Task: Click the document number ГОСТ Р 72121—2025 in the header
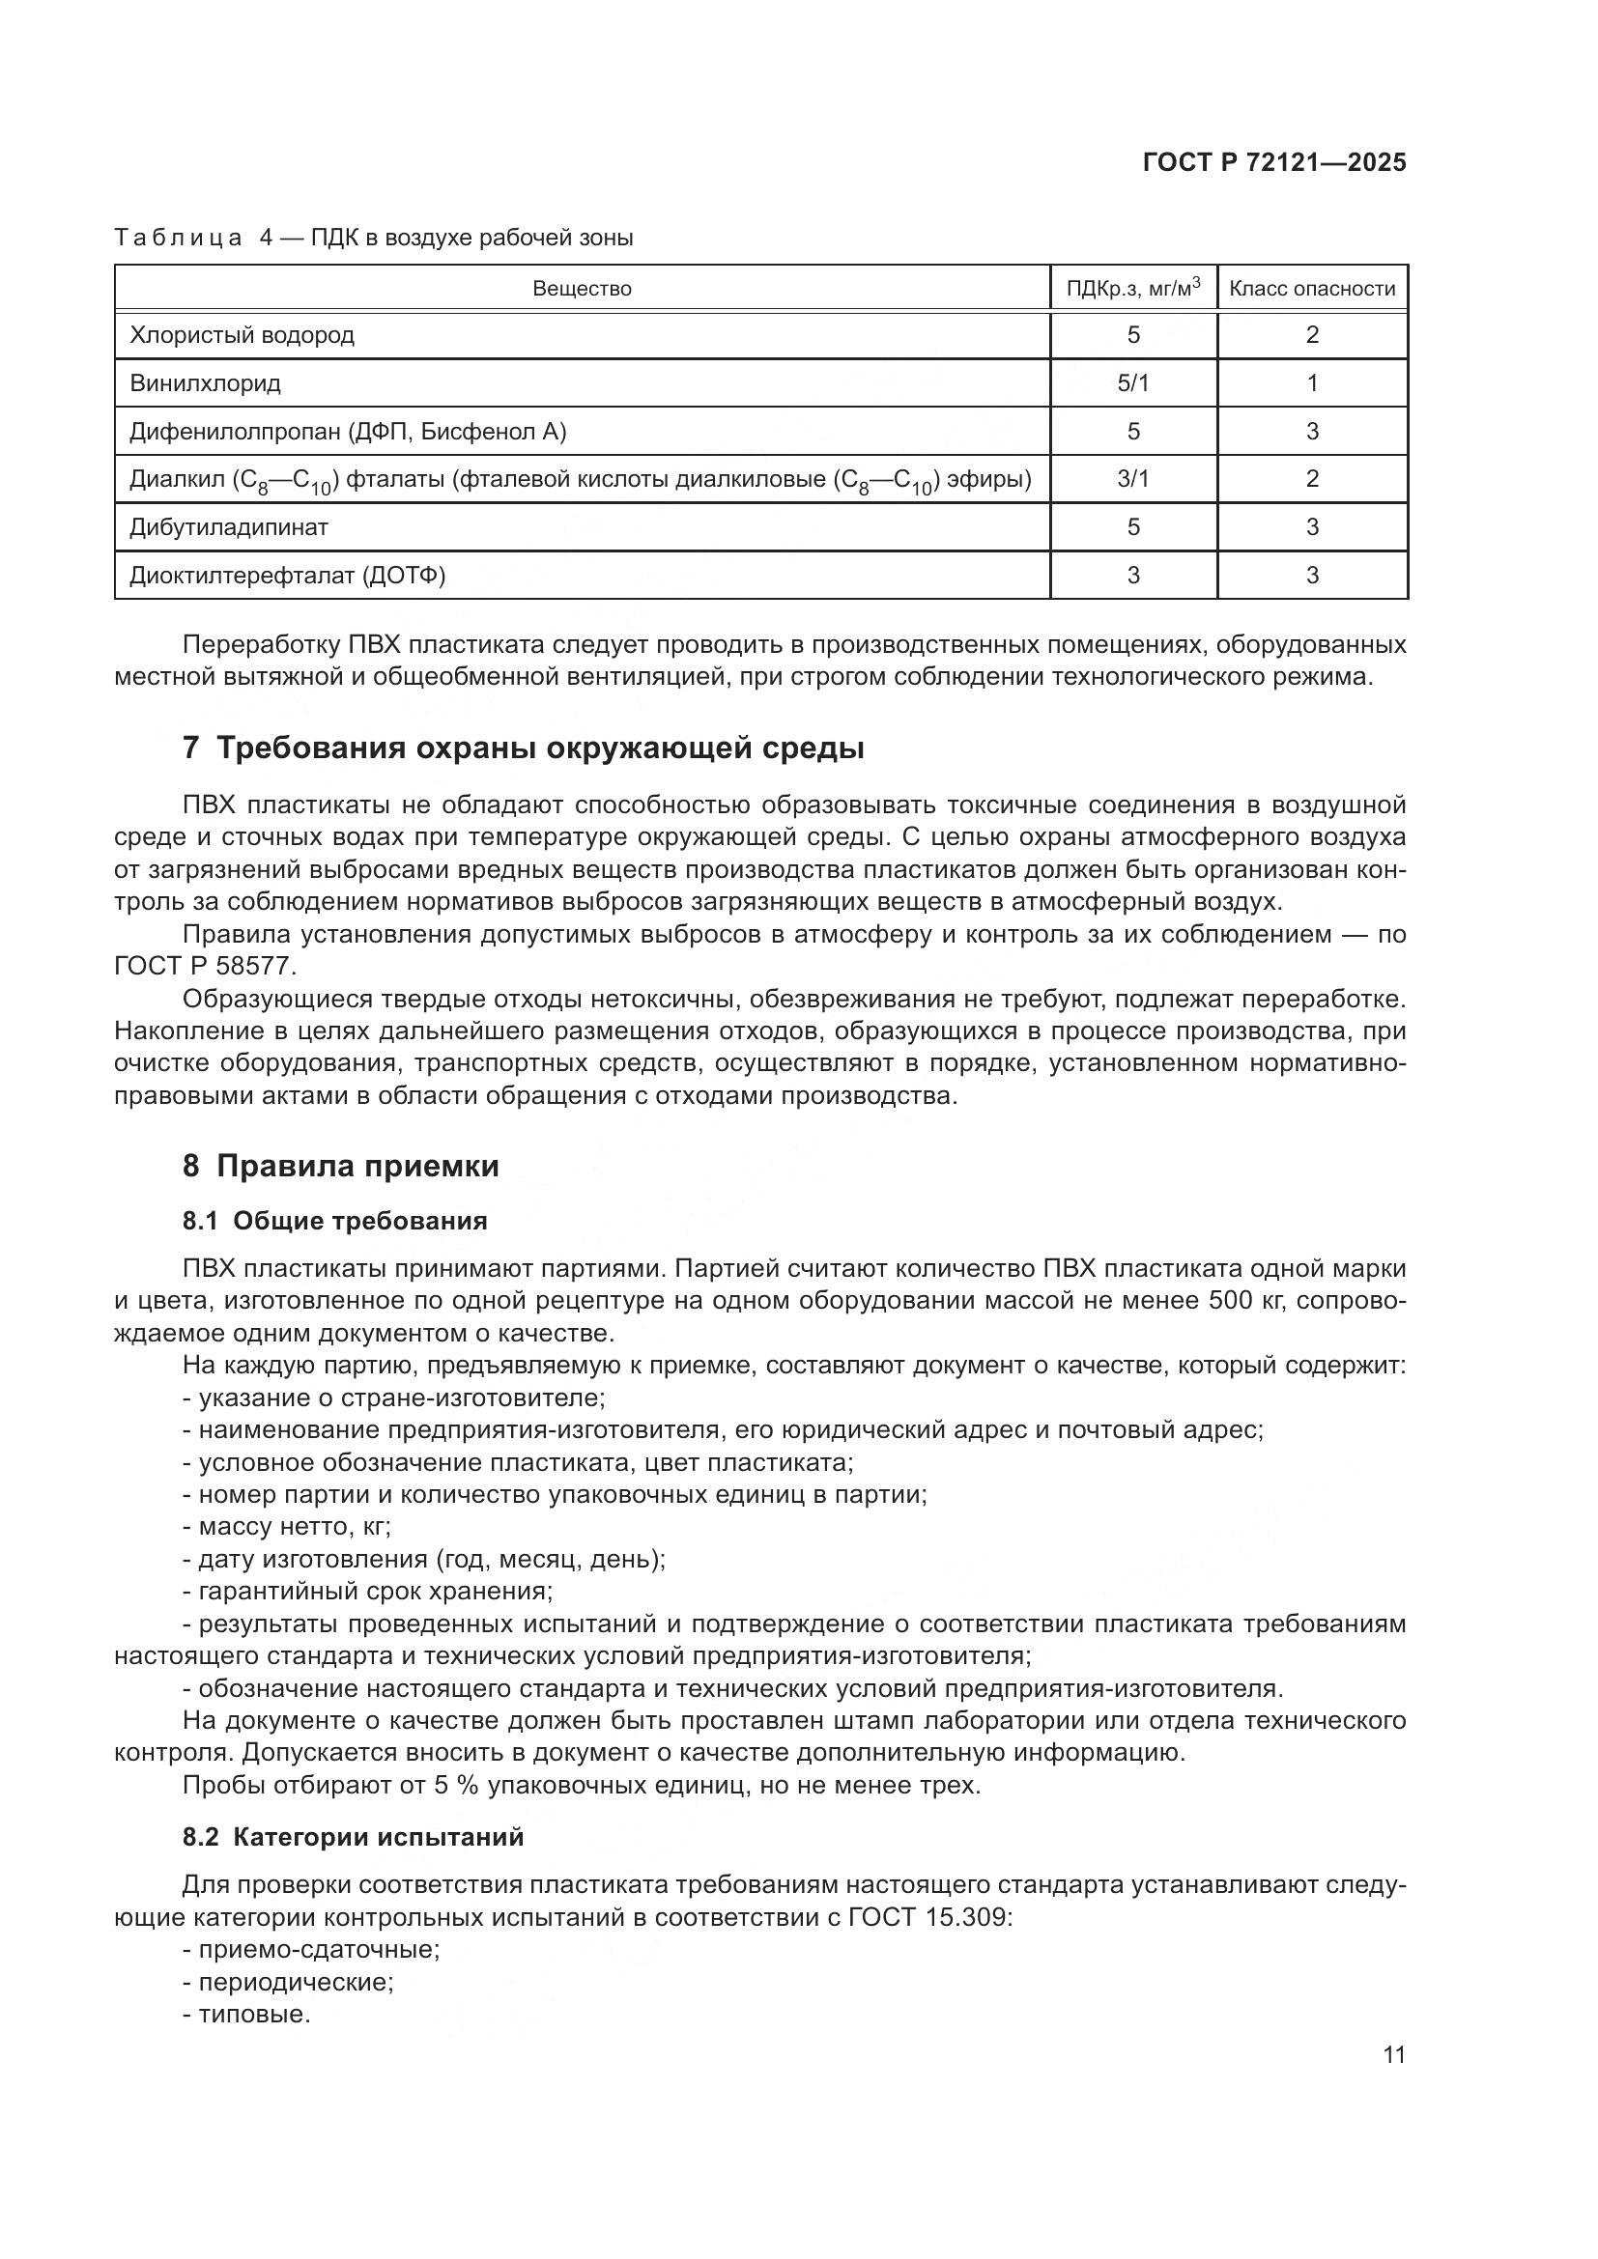[x=1274, y=163]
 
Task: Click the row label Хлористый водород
[x=243, y=335]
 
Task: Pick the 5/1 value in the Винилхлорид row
[x=1132, y=383]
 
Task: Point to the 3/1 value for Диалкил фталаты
[x=1132, y=479]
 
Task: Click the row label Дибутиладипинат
[x=228, y=527]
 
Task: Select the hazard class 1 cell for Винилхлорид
[x=1312, y=383]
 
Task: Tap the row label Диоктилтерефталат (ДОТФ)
[x=287, y=576]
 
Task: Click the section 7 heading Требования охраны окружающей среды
[x=523, y=748]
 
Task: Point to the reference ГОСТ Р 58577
[x=205, y=966]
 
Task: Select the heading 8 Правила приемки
[x=340, y=1167]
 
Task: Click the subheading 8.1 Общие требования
[x=334, y=1222]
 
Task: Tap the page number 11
[x=1393, y=2055]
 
